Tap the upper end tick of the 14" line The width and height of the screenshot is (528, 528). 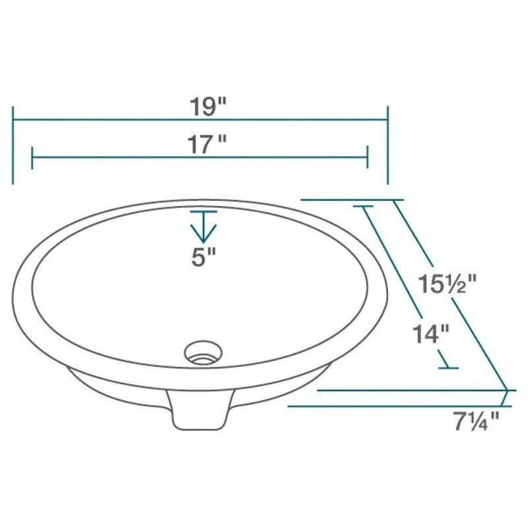pos(364,207)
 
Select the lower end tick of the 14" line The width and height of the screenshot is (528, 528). pos(449,367)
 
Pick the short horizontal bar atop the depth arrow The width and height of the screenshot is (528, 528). pos(204,212)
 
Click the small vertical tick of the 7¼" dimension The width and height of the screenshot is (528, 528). pos(506,398)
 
